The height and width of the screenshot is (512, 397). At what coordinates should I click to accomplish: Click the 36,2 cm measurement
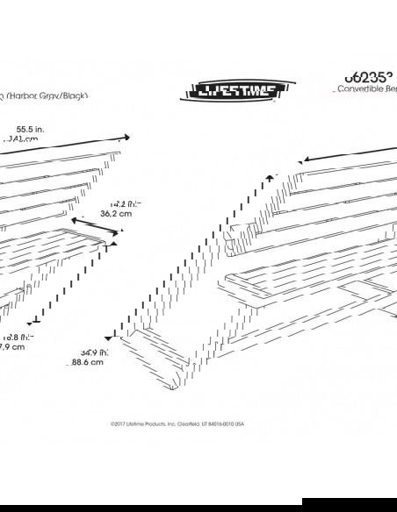pyautogui.click(x=116, y=213)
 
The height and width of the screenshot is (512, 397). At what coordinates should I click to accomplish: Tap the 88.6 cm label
pyautogui.click(x=90, y=363)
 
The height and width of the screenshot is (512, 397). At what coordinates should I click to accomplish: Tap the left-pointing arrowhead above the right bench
pyautogui.click(x=301, y=161)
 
